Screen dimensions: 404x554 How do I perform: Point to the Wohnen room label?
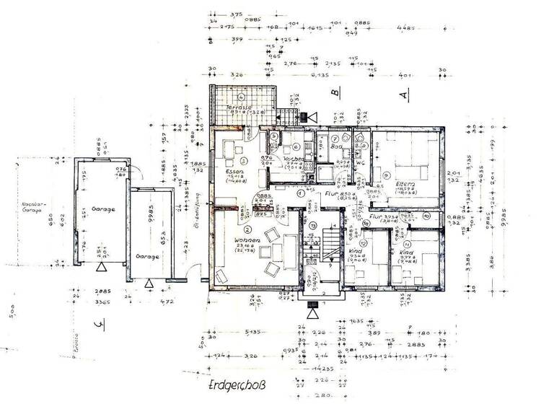pos(247,240)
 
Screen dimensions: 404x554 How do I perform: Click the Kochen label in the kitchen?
pos(294,158)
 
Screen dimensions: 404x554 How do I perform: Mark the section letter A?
pos(405,95)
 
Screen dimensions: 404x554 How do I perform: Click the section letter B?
pos(335,93)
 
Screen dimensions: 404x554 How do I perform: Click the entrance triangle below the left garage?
pos(102,267)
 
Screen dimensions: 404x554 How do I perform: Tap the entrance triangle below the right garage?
pos(149,283)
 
